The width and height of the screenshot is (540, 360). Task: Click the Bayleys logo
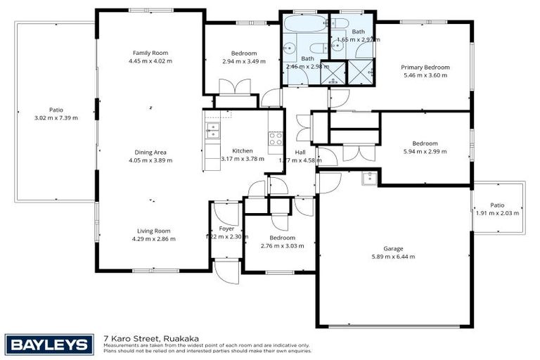(49, 345)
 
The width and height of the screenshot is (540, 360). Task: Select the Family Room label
(150, 53)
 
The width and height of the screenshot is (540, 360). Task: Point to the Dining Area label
(150, 152)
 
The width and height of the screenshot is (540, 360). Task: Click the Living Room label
(153, 231)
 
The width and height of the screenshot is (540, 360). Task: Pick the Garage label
(393, 249)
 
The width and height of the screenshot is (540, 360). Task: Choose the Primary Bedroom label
(425, 67)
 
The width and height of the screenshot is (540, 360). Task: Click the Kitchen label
(243, 150)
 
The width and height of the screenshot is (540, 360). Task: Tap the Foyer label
(226, 229)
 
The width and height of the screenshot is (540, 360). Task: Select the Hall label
(300, 152)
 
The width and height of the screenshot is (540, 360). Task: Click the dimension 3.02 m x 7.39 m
(56, 117)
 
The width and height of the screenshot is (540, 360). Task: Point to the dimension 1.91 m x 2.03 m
(497, 213)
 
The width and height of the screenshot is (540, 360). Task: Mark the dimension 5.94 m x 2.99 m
(425, 151)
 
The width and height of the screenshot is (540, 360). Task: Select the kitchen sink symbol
(212, 129)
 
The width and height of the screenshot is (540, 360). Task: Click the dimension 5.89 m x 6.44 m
(393, 257)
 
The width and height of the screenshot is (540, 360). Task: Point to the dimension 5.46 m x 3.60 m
(425, 75)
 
